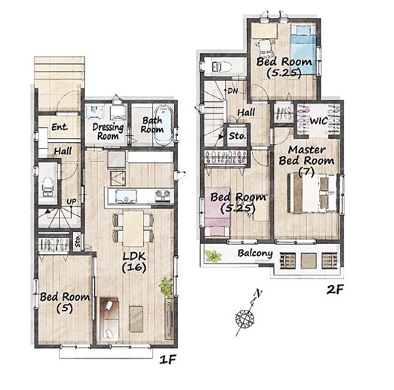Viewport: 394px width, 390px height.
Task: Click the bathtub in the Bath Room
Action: point(164,125)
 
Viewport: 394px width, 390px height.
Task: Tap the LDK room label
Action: point(134,262)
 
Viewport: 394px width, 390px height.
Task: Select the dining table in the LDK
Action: point(133,228)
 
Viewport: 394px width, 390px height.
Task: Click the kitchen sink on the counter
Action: point(126,196)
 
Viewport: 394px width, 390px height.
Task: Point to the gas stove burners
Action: point(163,195)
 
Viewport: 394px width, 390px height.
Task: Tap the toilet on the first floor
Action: point(47,186)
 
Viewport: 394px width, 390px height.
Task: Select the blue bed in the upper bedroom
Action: point(303,49)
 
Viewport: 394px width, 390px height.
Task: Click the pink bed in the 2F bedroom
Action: point(217,212)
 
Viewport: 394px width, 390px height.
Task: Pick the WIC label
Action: point(318,121)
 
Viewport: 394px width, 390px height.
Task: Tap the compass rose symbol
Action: point(245,319)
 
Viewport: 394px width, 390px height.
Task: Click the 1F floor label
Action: point(168,360)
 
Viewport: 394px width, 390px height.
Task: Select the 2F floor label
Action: point(335,290)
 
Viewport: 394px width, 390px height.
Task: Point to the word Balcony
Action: point(255,253)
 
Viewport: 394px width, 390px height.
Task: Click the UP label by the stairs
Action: point(72,201)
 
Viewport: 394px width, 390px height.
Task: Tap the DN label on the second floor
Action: point(232,91)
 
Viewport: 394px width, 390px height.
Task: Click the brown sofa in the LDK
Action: point(109,319)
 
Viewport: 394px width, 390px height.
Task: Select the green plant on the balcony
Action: point(213,256)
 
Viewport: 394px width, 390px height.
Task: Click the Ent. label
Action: point(60,127)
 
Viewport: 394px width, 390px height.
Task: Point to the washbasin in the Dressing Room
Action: point(95,111)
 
